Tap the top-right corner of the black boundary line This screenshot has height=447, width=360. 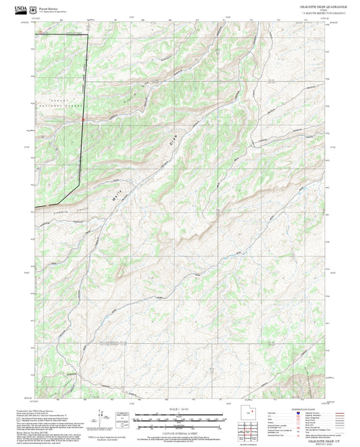point(87,33)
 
